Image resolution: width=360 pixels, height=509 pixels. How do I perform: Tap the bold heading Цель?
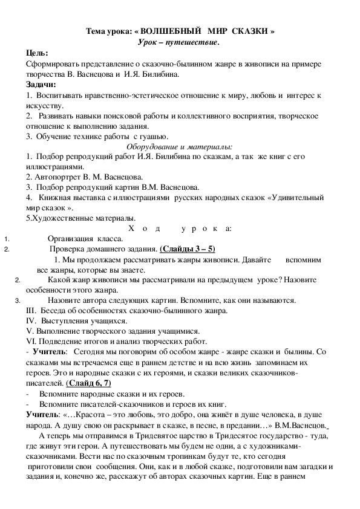pos(38,53)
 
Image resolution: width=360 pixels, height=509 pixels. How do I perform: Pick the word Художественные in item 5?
pos(62,218)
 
